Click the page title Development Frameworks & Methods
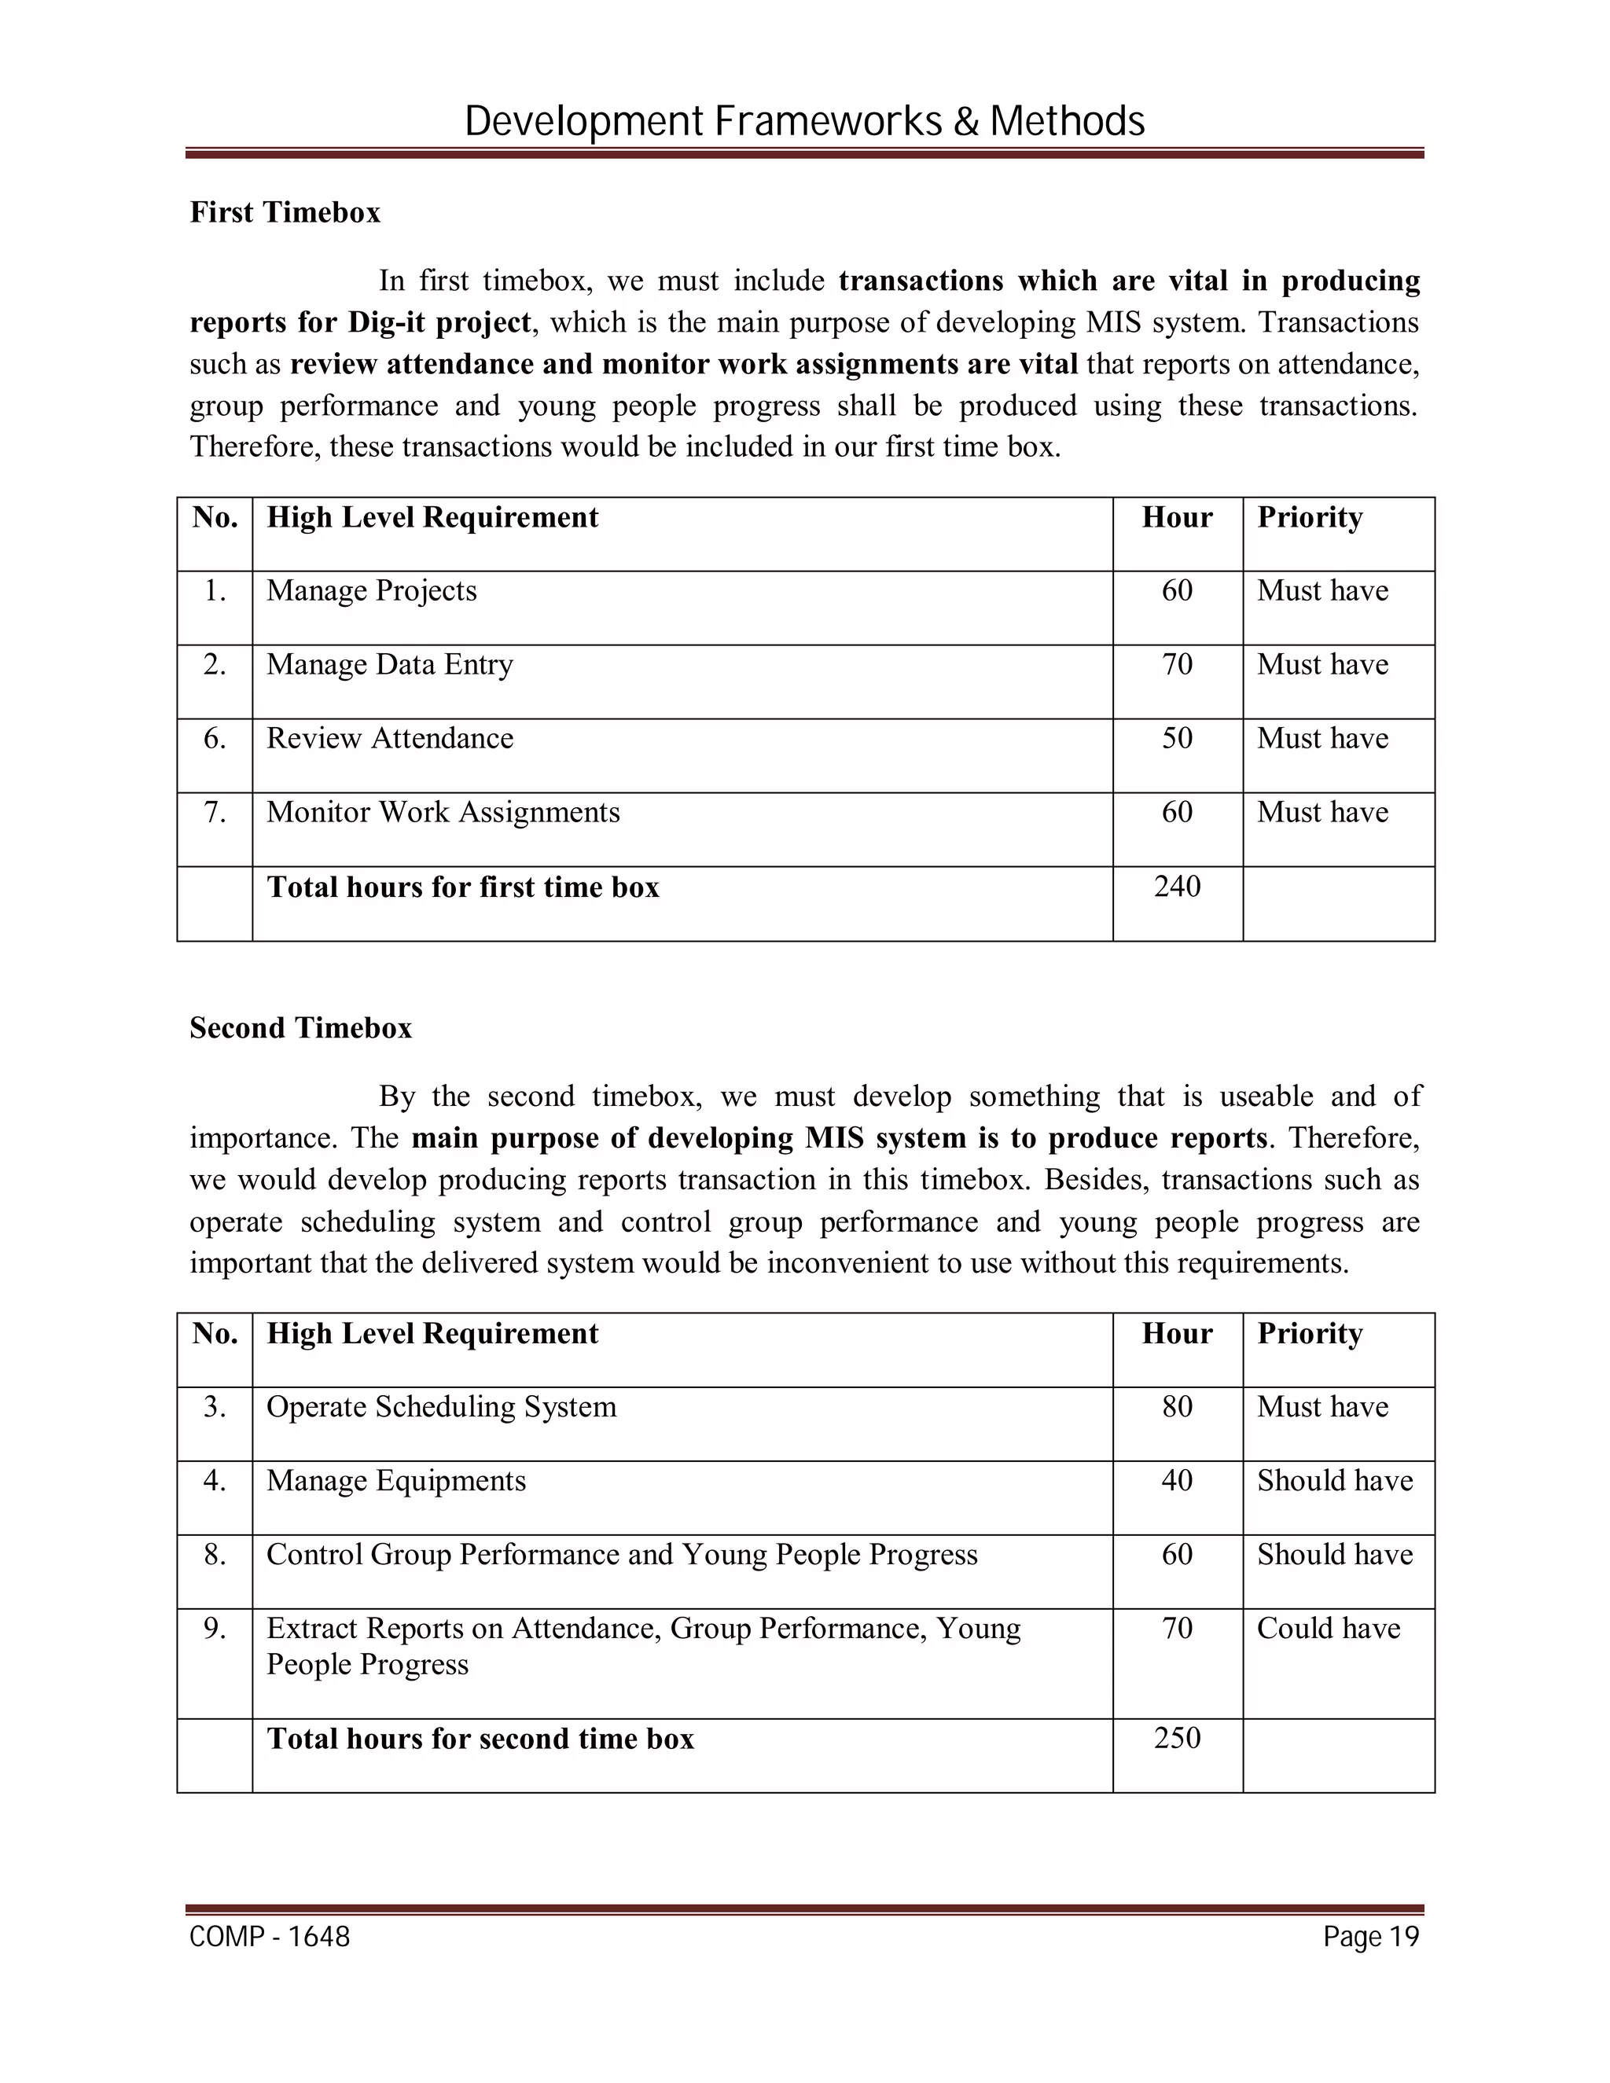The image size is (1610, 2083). pos(804,122)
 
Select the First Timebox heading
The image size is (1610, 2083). pos(285,211)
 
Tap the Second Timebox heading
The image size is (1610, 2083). pos(300,1027)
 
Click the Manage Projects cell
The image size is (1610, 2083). pos(371,590)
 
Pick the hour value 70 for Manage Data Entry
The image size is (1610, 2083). pos(1176,664)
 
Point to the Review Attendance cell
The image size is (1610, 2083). pos(389,738)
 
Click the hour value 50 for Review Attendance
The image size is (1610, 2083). pos(1176,738)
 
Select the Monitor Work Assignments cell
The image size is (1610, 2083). pos(443,812)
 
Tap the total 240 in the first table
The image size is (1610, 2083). pos(1176,886)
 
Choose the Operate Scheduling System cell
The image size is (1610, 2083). pos(441,1407)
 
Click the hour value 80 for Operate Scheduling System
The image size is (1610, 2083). pos(1176,1407)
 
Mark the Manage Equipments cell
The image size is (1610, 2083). pos(396,1480)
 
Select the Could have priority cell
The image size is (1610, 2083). pos(1328,1628)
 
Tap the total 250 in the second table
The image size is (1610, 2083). pos(1176,1738)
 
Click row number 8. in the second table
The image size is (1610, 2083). pos(215,1555)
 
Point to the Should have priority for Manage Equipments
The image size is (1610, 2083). pos(1333,1480)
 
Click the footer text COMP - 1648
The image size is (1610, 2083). pos(270,1937)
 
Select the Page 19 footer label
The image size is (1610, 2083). pos(1370,1937)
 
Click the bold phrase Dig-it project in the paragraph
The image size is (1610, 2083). pos(439,322)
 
